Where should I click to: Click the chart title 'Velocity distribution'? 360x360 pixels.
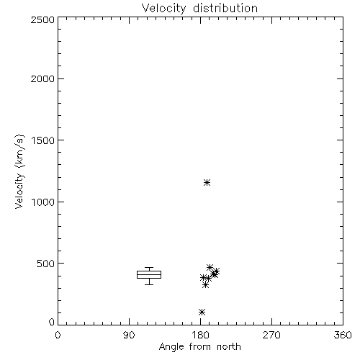click(199, 8)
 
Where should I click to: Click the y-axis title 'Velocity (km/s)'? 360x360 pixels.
click(19, 171)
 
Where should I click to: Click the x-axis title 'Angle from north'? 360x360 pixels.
click(199, 347)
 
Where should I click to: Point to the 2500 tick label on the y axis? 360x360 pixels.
click(42, 19)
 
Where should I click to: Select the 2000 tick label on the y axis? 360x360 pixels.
click(42, 78)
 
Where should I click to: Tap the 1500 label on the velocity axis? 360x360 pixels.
click(43, 140)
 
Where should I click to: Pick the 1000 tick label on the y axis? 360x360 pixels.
click(43, 202)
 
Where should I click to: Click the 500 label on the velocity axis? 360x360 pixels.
click(46, 264)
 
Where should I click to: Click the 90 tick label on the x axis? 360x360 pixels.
click(129, 335)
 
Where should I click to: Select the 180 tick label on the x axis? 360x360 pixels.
click(200, 335)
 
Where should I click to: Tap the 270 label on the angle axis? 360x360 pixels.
click(271, 335)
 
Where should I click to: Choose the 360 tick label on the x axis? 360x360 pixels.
click(343, 335)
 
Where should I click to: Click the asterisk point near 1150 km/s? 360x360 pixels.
click(207, 183)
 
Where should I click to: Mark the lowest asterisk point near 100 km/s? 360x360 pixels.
click(202, 312)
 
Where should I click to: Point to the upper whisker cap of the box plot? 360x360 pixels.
click(149, 268)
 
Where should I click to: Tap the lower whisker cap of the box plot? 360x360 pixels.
click(149, 284)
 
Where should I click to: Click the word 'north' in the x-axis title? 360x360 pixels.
click(229, 347)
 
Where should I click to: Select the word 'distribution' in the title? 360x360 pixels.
click(225, 8)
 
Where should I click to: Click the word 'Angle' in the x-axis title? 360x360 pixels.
click(171, 347)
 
